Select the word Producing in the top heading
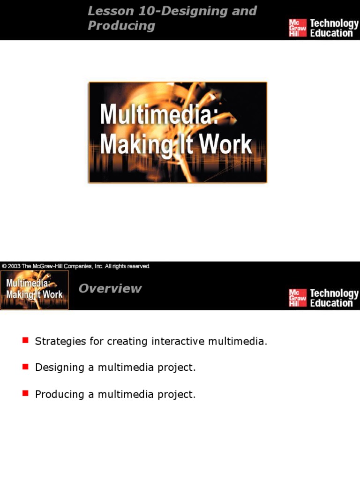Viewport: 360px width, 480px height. tap(121, 26)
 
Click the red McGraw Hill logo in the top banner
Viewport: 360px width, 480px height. tap(297, 28)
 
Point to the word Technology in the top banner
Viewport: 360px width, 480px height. tap(334, 23)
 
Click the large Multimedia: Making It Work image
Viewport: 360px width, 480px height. tap(178, 132)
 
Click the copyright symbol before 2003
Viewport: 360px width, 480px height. tap(4, 266)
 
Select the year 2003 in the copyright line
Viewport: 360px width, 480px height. tap(15, 266)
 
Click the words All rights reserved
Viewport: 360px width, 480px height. tap(127, 266)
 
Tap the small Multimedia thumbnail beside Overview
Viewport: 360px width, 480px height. tap(34, 290)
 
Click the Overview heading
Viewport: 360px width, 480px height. tap(110, 289)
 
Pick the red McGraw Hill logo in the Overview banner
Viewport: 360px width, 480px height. tap(297, 298)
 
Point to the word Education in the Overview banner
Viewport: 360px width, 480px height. tap(331, 303)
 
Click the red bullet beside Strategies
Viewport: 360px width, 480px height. tap(25, 340)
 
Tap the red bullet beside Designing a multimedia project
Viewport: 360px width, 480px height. tap(25, 367)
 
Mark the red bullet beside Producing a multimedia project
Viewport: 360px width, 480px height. tap(25, 393)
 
